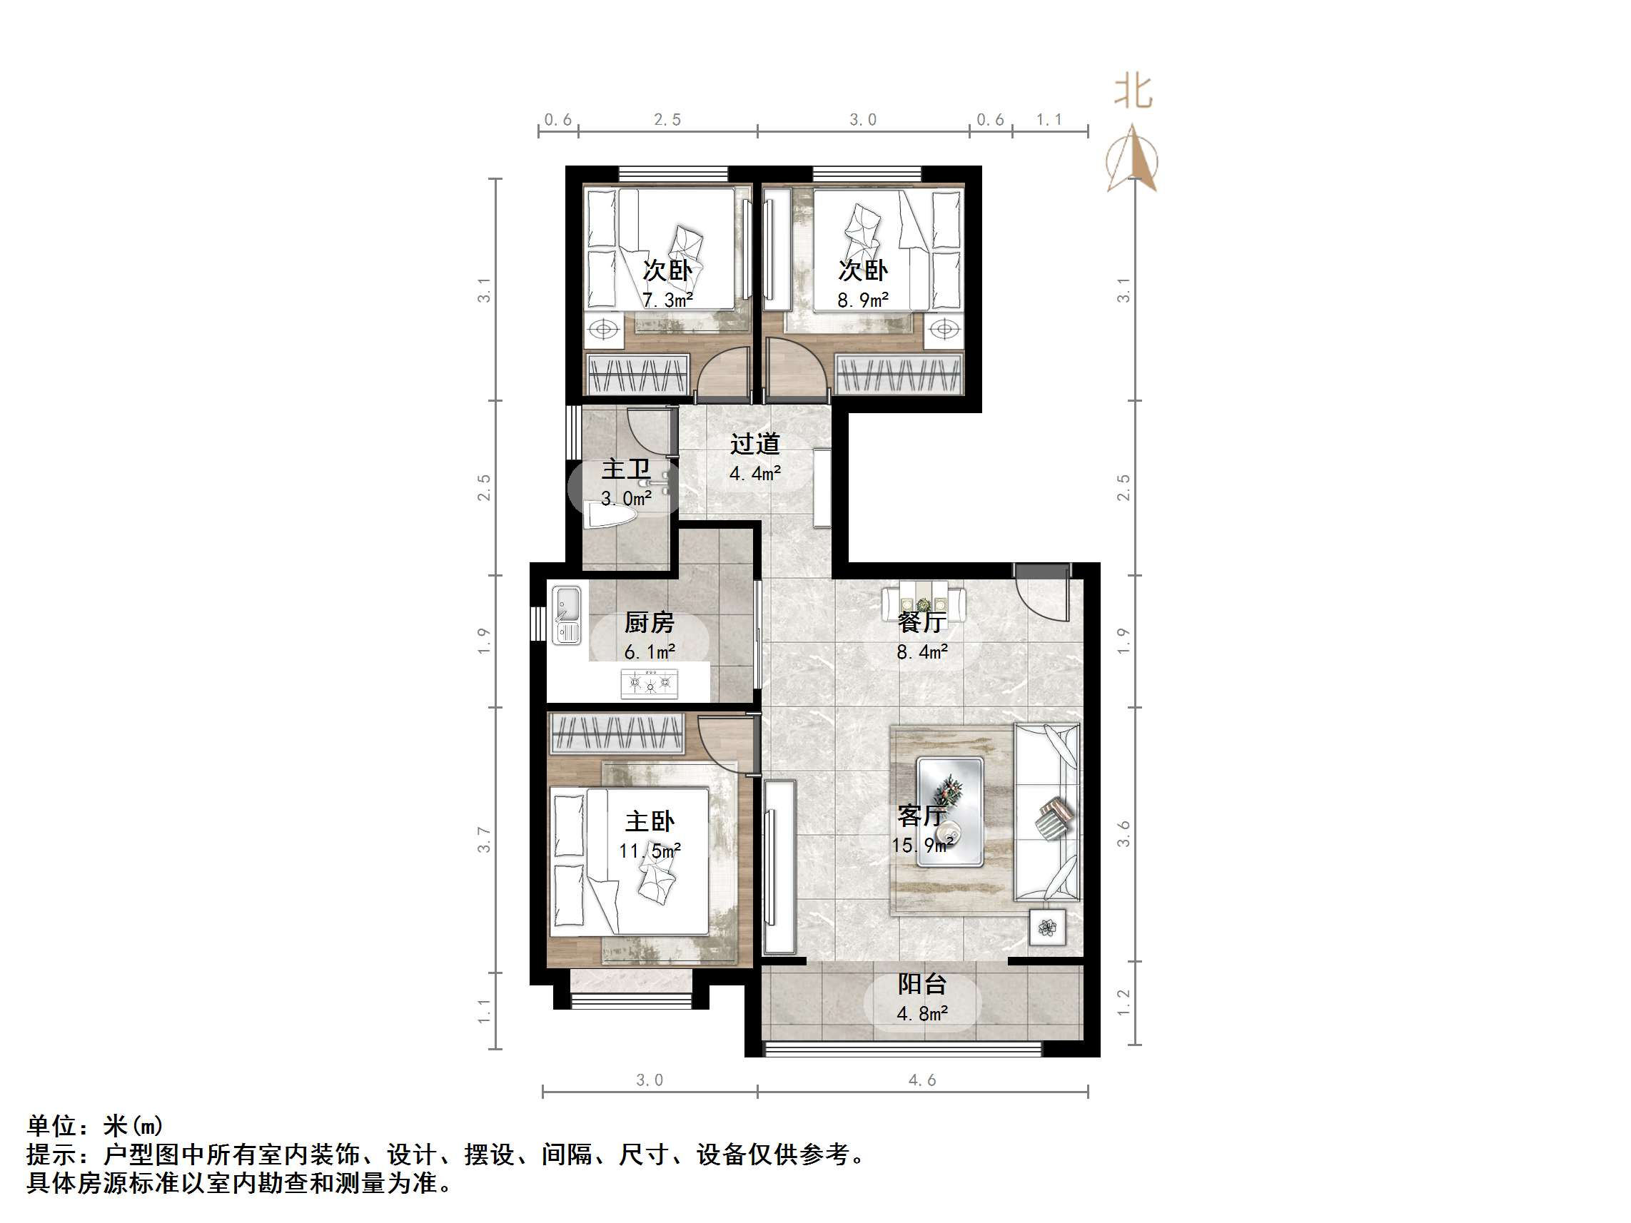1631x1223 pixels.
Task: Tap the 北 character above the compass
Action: pos(1133,93)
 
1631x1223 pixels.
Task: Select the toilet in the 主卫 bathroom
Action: pos(608,514)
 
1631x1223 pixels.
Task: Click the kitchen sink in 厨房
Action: pos(566,615)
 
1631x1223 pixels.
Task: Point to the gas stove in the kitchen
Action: pos(649,684)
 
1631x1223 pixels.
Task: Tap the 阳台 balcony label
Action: pos(921,984)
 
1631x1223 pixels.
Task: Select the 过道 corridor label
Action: pos(755,444)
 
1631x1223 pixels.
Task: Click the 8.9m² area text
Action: pos(863,300)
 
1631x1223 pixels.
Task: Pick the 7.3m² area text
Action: pos(667,300)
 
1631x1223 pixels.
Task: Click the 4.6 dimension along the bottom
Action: pos(921,1080)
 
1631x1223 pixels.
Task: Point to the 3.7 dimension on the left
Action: pos(484,840)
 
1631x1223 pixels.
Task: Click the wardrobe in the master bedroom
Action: pos(618,733)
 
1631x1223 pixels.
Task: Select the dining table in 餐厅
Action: pos(923,599)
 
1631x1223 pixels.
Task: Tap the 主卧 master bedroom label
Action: pos(650,821)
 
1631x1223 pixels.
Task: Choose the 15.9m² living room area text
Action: pos(921,845)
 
